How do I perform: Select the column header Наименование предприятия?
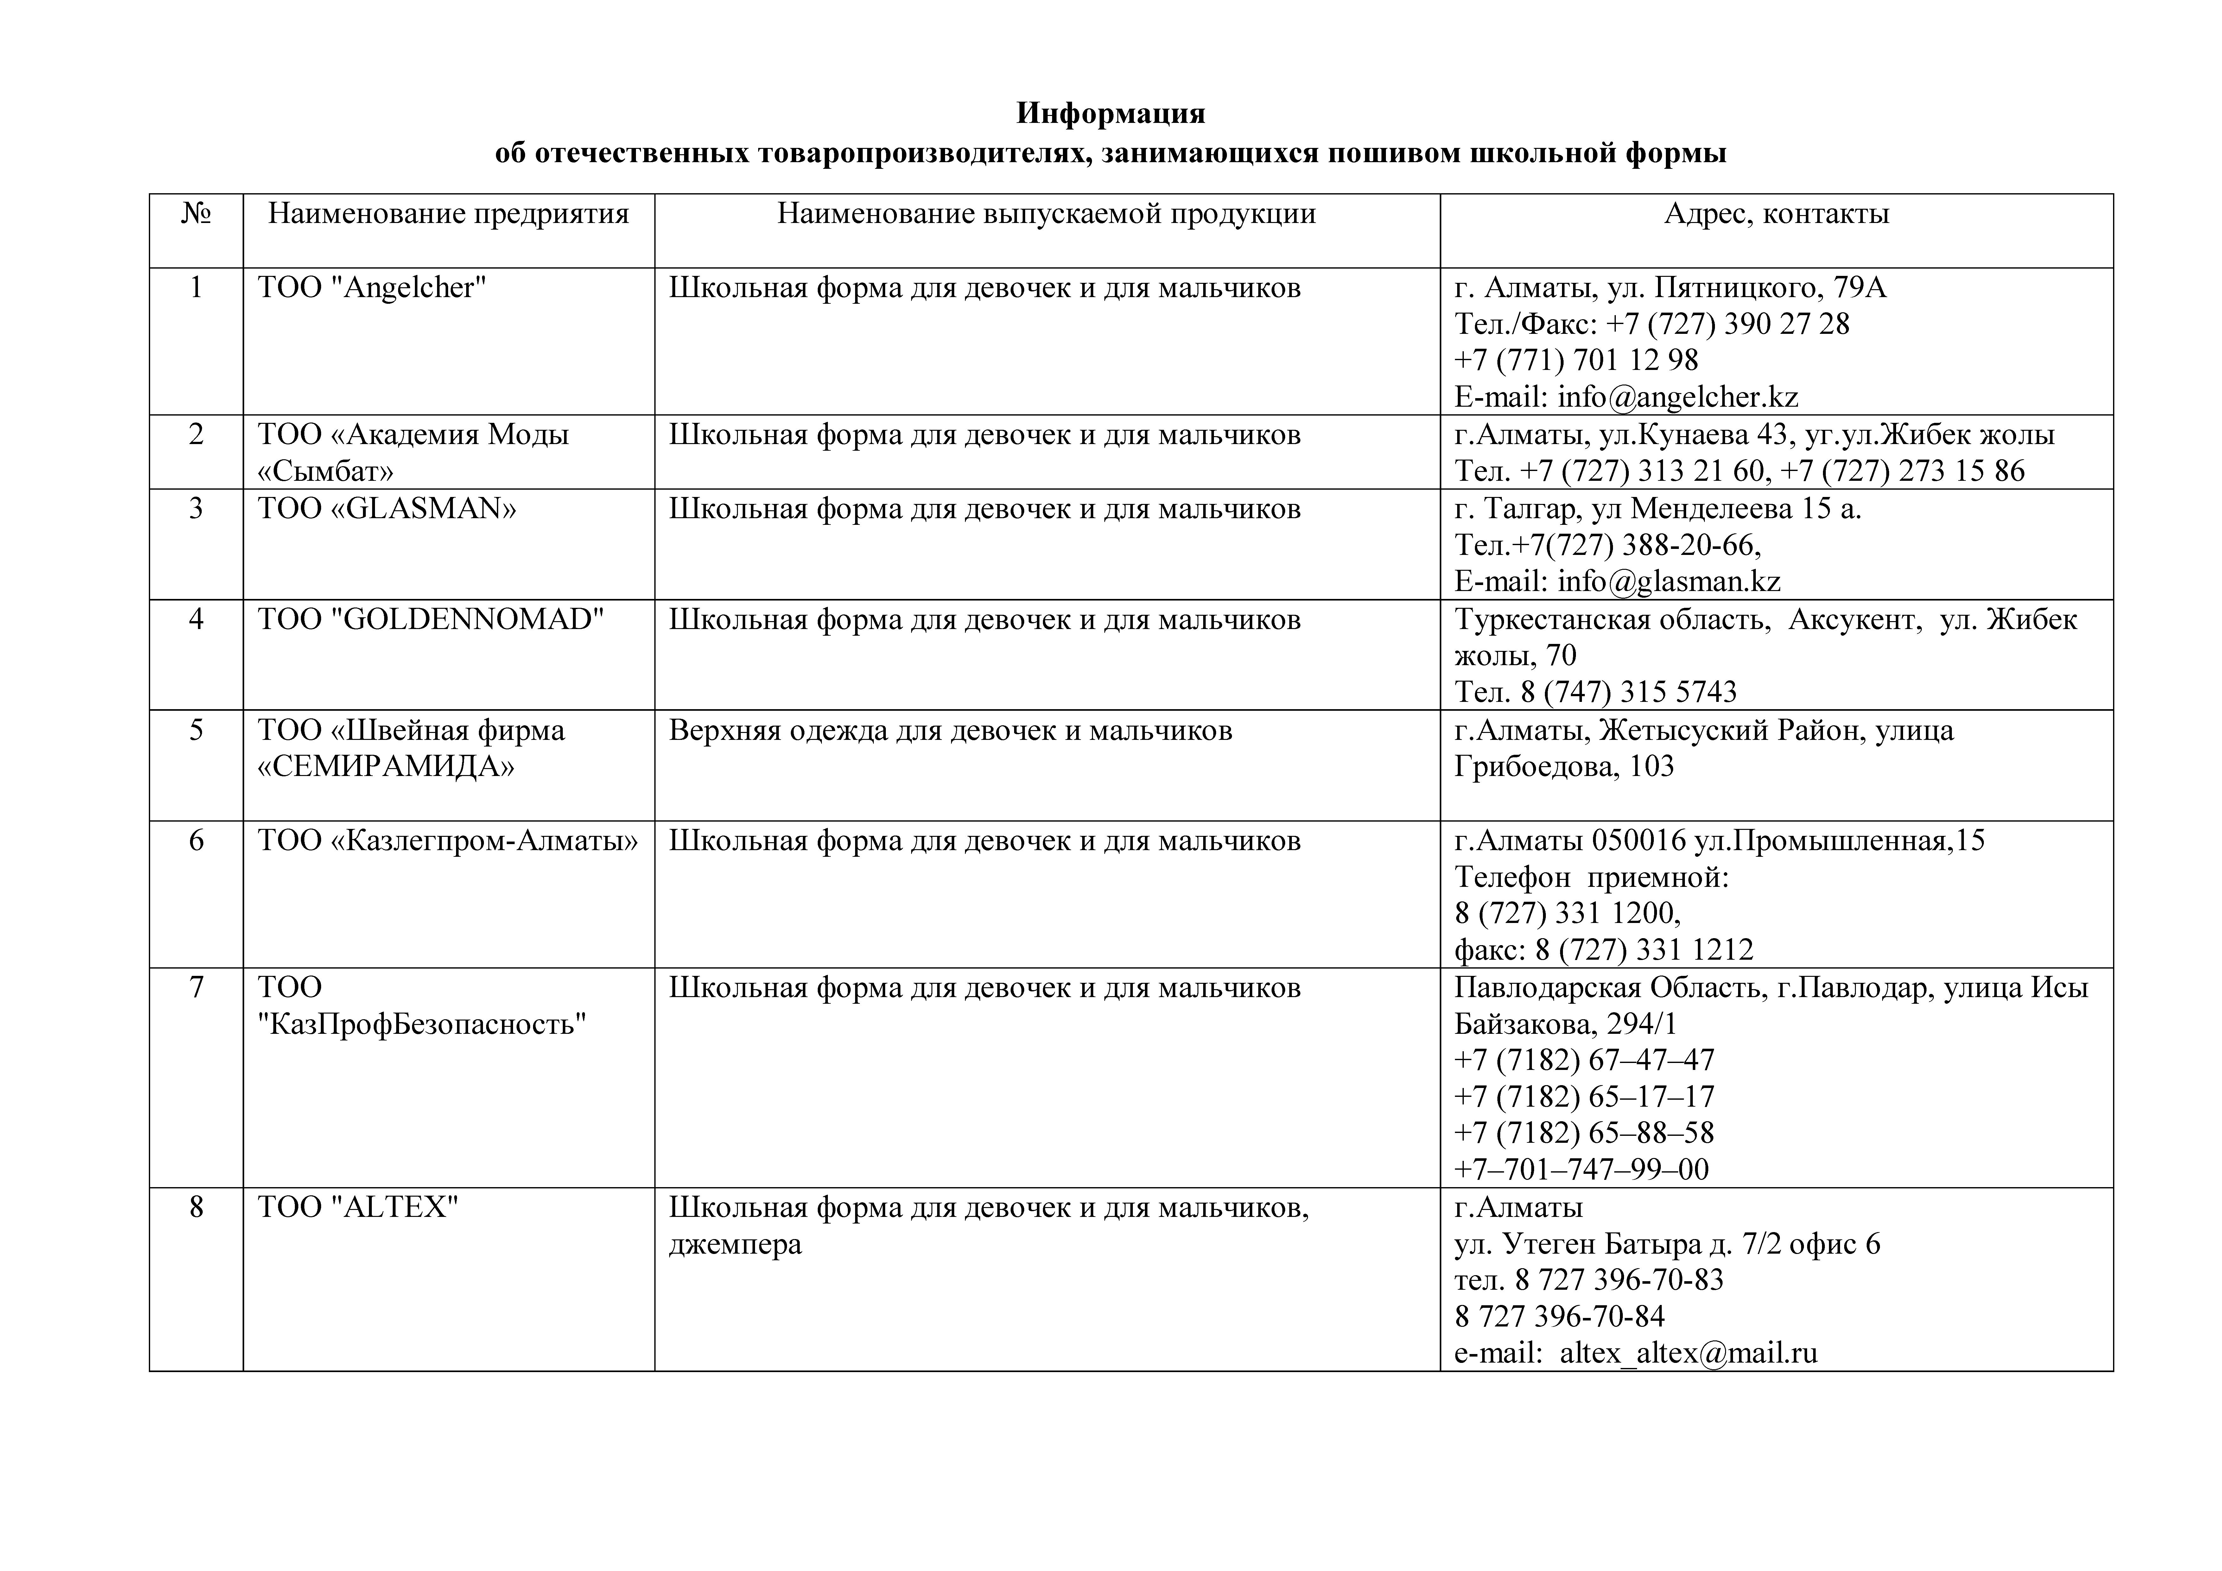tap(448, 214)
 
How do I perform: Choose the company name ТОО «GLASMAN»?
tap(387, 509)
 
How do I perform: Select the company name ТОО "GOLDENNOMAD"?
tap(431, 620)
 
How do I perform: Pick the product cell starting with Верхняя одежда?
tap(950, 731)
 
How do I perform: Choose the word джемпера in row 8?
tap(735, 1245)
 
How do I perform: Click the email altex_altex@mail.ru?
tap(1689, 1353)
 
